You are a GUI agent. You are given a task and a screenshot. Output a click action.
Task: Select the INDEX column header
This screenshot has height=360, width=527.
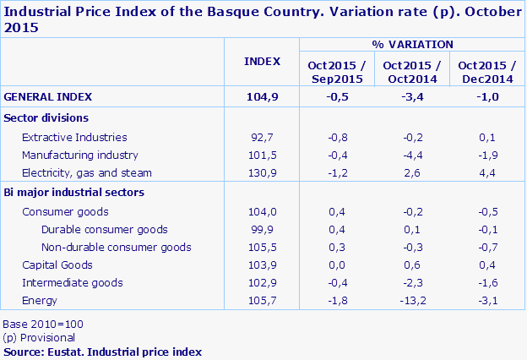pyautogui.click(x=262, y=61)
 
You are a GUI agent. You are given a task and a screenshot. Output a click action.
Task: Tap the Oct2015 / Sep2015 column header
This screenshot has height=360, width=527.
pyautogui.click(x=336, y=72)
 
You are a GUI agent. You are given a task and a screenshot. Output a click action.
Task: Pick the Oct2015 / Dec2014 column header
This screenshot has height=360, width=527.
pyautogui.click(x=486, y=72)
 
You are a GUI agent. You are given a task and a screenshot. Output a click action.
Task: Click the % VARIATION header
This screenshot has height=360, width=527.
pyautogui.click(x=412, y=44)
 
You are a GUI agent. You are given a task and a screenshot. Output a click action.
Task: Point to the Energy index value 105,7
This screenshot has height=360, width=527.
pyautogui.click(x=262, y=300)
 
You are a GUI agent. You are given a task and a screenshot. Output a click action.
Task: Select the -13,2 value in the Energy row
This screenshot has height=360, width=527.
pyautogui.click(x=412, y=300)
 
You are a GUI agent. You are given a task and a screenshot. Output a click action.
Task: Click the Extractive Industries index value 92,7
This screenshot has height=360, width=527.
pyautogui.click(x=262, y=137)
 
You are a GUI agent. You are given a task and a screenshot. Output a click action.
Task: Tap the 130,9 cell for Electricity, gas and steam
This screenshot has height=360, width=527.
pyautogui.click(x=262, y=173)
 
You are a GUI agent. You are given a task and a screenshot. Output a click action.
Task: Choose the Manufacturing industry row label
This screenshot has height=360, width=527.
pyautogui.click(x=79, y=155)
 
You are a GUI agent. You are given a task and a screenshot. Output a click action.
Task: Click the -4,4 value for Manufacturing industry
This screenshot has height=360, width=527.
pyautogui.click(x=412, y=155)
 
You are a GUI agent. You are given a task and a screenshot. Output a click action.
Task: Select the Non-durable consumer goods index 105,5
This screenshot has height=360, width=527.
pyautogui.click(x=262, y=247)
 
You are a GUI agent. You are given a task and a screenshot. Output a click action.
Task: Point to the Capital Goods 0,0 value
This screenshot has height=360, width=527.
pyautogui.click(x=336, y=265)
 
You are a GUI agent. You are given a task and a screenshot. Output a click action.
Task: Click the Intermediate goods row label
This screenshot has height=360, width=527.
pyautogui.click(x=73, y=283)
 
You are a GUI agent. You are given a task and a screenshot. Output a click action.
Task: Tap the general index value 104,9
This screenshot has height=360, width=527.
pyautogui.click(x=262, y=96)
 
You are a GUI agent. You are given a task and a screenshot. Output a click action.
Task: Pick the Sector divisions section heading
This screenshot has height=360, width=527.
pyautogui.click(x=46, y=117)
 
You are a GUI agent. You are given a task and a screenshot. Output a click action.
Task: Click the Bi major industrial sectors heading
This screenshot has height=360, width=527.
pyautogui.click(x=74, y=192)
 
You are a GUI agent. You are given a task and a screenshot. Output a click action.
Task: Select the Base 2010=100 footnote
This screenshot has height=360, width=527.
pyautogui.click(x=43, y=325)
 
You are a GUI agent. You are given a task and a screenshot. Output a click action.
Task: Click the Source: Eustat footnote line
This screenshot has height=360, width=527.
pyautogui.click(x=102, y=351)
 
